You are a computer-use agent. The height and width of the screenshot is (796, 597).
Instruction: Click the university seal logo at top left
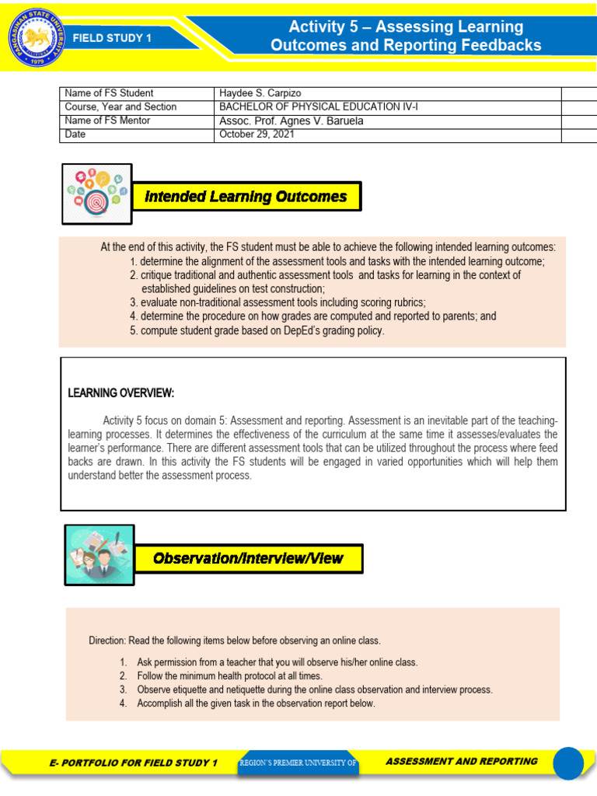pyautogui.click(x=33, y=37)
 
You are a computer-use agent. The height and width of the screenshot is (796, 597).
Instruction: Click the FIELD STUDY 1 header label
pyautogui.click(x=112, y=37)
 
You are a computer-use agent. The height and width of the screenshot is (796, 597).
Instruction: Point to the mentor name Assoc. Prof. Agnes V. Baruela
pyautogui.click(x=292, y=120)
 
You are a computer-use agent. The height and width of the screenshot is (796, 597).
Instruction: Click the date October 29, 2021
pyautogui.click(x=257, y=134)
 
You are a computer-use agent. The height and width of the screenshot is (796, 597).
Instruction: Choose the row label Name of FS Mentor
pyautogui.click(x=108, y=120)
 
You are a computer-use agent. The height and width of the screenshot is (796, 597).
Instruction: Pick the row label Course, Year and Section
pyautogui.click(x=120, y=106)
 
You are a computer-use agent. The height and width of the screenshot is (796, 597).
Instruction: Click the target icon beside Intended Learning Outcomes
pyautogui.click(x=97, y=194)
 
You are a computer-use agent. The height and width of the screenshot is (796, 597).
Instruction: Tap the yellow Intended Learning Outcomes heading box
pyautogui.click(x=246, y=197)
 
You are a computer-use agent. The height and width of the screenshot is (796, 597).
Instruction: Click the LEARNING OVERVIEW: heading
pyautogui.click(x=121, y=393)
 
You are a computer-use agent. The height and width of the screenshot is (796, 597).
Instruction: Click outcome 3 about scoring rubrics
pyautogui.click(x=278, y=302)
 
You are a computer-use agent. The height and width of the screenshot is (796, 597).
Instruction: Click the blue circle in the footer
pyautogui.click(x=567, y=763)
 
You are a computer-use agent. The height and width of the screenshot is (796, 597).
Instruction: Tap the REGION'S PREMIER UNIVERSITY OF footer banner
pyautogui.click(x=298, y=763)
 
